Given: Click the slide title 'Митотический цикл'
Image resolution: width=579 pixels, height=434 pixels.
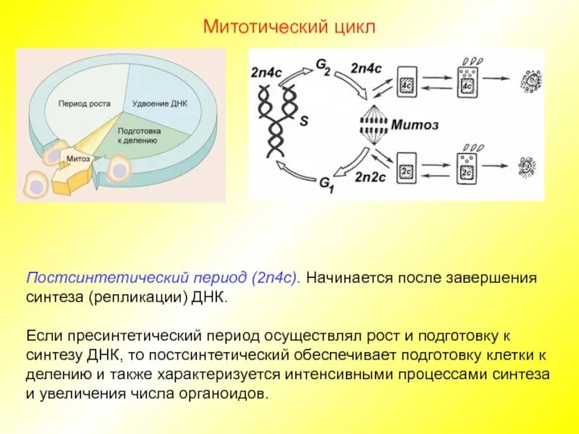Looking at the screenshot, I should tap(289, 27).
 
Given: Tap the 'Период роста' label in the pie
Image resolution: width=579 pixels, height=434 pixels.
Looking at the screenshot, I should tap(84, 103).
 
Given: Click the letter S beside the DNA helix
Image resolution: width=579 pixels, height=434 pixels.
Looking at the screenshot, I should tap(304, 122).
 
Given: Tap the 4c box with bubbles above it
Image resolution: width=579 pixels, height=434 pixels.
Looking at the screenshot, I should tap(466, 81).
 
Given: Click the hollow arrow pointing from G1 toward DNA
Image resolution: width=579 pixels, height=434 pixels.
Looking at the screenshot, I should tap(298, 174).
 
